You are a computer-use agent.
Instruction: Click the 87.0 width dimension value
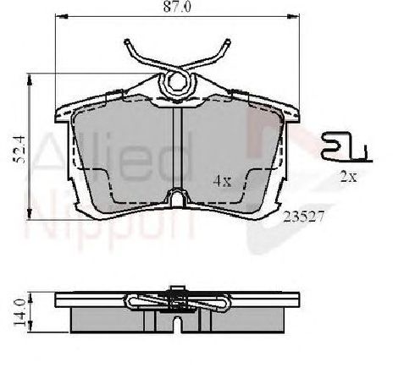point(177,7)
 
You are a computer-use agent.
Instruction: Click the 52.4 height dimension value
point(20,150)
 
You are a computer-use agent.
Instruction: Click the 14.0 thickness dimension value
point(20,313)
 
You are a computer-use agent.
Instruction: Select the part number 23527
point(303,217)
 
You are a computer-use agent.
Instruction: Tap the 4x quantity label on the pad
point(222,181)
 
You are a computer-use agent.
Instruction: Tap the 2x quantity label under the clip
point(349,177)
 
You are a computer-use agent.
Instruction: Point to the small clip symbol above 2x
point(346,147)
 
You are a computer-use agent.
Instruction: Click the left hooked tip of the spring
point(127,42)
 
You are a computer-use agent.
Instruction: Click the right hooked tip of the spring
point(227,42)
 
